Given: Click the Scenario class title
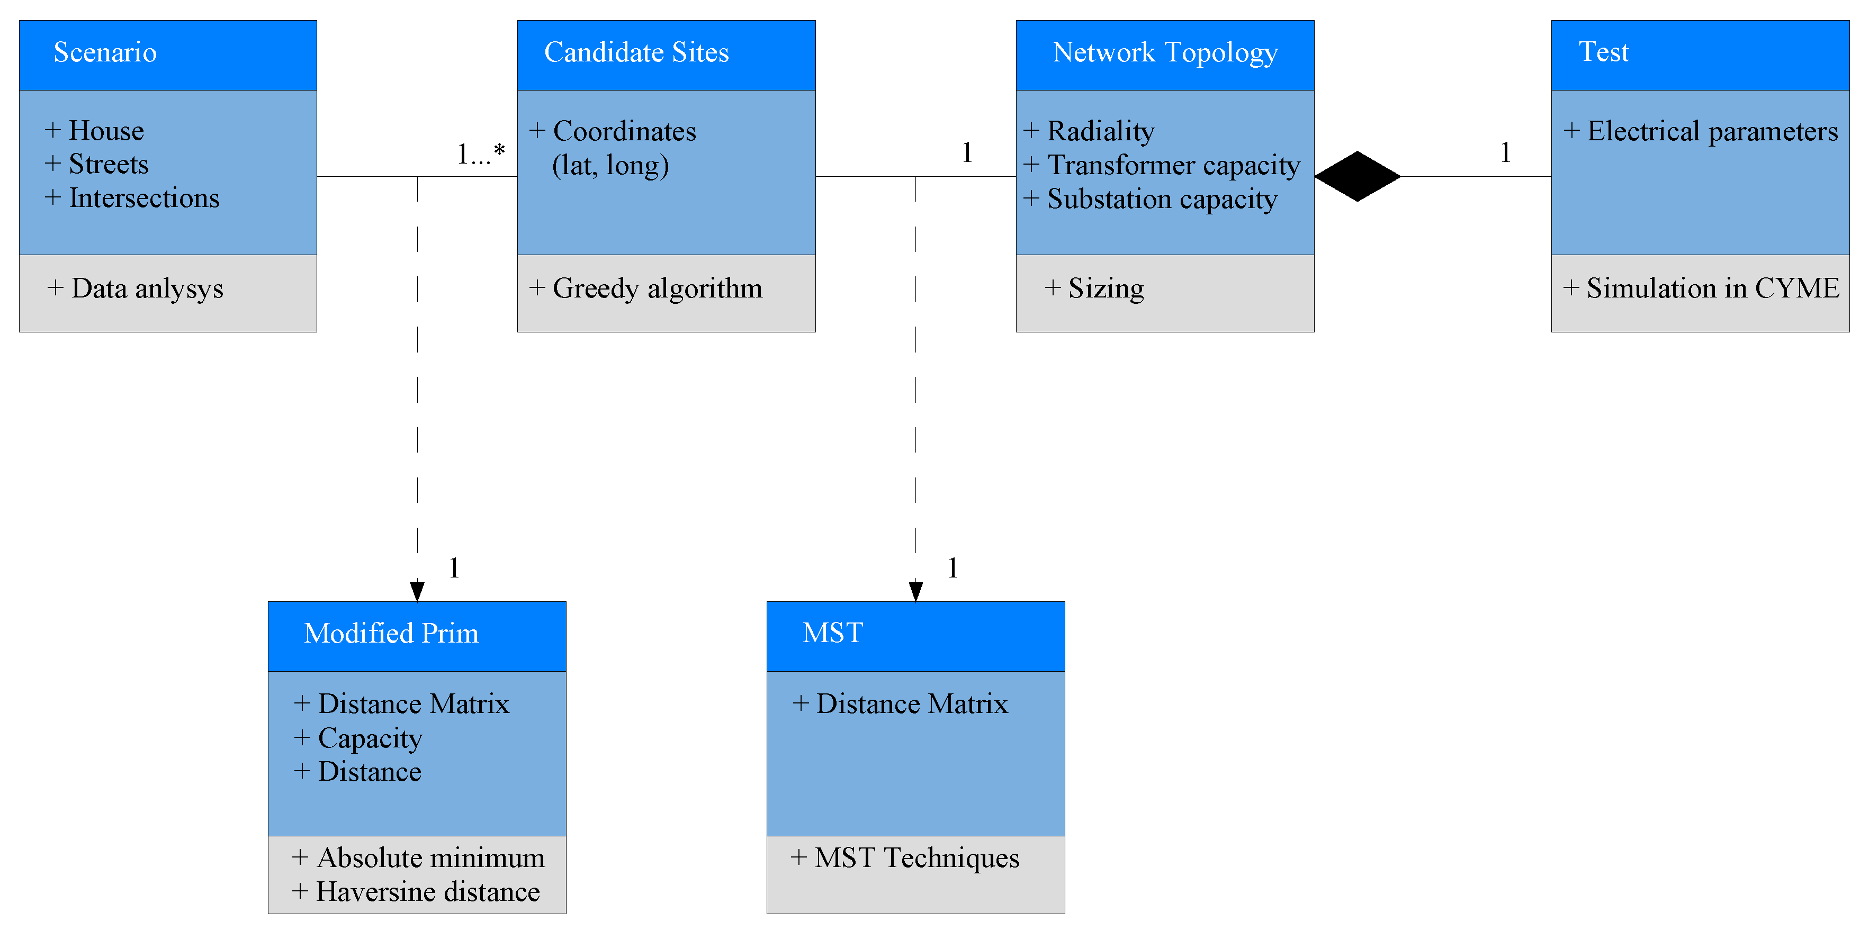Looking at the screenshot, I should [x=105, y=52].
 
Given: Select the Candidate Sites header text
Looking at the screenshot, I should [x=636, y=52].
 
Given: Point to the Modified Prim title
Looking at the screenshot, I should [x=391, y=633].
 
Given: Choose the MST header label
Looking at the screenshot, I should [x=832, y=633].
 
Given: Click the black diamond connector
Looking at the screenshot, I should [x=1357, y=176].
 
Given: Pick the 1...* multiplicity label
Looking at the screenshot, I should [x=480, y=154].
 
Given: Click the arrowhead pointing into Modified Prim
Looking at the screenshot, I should [x=417, y=591].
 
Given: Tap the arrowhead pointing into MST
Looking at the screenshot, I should [x=915, y=591].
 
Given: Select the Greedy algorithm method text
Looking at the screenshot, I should [x=657, y=288].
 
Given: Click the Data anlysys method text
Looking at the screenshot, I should [x=147, y=288].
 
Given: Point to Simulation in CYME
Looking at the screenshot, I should [x=1712, y=288].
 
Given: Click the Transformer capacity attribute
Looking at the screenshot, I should [x=1173, y=165].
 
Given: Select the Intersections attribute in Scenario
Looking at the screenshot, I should [x=143, y=198].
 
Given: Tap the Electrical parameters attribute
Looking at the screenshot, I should [x=1712, y=131].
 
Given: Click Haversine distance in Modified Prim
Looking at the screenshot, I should [x=427, y=891].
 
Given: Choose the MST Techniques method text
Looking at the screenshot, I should [x=916, y=858].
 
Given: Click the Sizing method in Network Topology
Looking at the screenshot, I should [x=1106, y=288].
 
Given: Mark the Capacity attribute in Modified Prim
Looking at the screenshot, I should [x=370, y=738].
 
